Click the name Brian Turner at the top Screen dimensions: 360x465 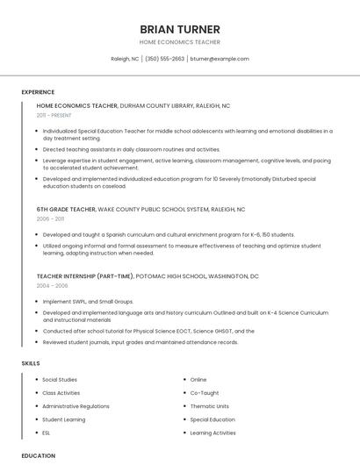tap(179, 29)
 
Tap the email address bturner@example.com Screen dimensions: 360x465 tap(220, 59)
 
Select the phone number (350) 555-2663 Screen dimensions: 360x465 tap(164, 59)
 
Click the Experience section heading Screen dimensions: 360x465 tap(38, 92)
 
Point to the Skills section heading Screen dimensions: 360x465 tap(31, 362)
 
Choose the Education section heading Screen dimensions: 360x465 tap(39, 455)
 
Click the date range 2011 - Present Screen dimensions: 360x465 tap(54, 115)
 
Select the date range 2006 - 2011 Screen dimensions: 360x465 tap(50, 218)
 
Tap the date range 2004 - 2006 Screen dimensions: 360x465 tap(52, 285)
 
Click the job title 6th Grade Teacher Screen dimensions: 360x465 tap(66, 210)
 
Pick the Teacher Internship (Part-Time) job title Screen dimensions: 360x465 tap(83, 276)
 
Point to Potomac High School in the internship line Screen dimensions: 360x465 tap(170, 276)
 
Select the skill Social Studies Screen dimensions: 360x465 tap(61, 380)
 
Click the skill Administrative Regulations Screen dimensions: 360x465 tap(76, 406)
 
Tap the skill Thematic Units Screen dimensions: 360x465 tap(210, 406)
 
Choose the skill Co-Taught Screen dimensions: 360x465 tap(205, 393)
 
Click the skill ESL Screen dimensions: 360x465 tap(47, 433)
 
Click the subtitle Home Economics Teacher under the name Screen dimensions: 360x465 tap(179, 42)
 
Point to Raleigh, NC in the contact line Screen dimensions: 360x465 tap(125, 59)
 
